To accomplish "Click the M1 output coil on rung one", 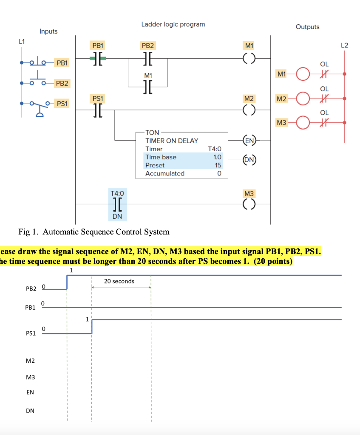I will click(x=249, y=59).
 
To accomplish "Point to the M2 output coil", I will click(x=249, y=110).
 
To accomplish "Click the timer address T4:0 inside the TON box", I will click(x=215, y=149).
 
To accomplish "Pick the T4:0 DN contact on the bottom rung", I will click(x=117, y=205).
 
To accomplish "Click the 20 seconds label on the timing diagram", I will click(x=119, y=281).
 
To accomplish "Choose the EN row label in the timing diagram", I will click(x=30, y=393).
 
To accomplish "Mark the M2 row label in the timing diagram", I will click(x=30, y=361).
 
